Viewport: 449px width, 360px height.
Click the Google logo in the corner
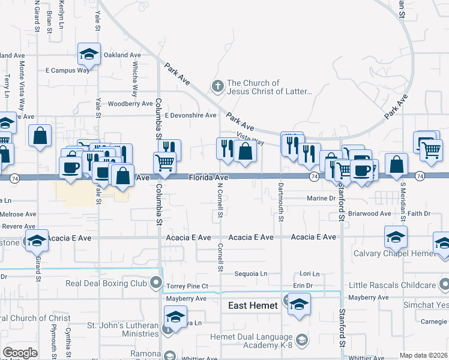click(x=20, y=353)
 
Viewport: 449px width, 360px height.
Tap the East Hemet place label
click(x=253, y=306)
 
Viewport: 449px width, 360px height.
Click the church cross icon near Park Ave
click(x=217, y=87)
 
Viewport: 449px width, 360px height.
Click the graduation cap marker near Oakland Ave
click(x=89, y=55)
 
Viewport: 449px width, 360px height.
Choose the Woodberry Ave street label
click(x=130, y=104)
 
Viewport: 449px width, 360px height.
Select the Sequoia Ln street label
click(x=250, y=274)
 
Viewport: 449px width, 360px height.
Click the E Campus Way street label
click(x=67, y=70)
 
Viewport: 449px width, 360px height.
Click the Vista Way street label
click(x=250, y=138)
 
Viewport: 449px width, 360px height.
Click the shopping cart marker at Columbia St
click(x=164, y=162)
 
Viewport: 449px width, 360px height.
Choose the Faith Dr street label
click(x=419, y=214)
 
